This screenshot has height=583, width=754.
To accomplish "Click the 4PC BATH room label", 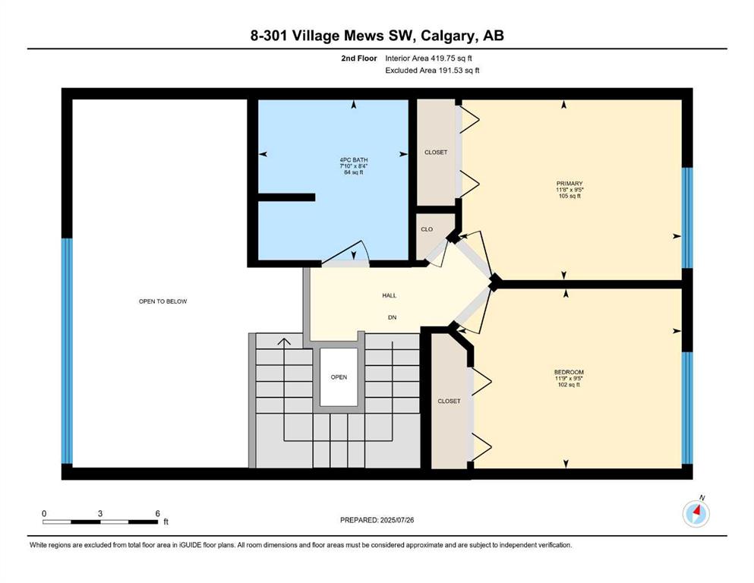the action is tap(353, 160).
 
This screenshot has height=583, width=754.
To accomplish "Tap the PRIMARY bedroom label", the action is tap(569, 184).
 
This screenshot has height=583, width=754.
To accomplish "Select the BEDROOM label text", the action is tap(569, 372).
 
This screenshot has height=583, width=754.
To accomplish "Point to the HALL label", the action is tap(390, 295).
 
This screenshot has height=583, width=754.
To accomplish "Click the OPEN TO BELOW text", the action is tap(163, 301).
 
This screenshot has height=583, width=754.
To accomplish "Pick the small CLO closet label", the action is tap(427, 229).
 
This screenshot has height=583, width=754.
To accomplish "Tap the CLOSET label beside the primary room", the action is tap(436, 153).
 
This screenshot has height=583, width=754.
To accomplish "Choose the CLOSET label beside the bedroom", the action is tap(449, 401).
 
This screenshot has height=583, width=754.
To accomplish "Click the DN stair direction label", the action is tap(393, 317).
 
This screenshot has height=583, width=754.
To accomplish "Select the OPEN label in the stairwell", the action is tap(339, 377).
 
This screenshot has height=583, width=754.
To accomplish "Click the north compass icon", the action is tap(696, 514).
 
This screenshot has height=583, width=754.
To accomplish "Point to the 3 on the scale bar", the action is tap(100, 513).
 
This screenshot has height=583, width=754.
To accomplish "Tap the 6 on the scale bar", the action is tap(157, 513).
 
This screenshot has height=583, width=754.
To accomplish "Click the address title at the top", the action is tap(377, 36).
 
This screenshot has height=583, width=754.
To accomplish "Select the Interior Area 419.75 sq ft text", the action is tap(428, 58).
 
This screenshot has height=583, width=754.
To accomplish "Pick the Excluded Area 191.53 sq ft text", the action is tap(432, 70).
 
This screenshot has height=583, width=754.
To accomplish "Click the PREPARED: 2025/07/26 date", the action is tap(377, 520).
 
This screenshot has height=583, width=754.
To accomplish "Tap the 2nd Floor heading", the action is tap(359, 58).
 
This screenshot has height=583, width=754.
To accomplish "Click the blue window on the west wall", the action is tap(68, 351).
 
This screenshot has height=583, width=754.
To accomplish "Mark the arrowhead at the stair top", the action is tap(284, 342).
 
